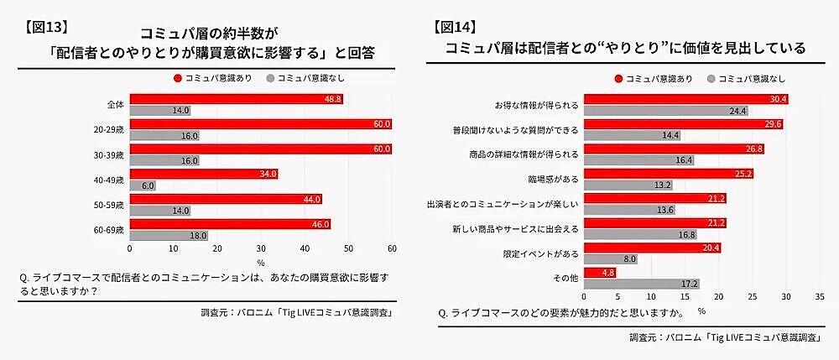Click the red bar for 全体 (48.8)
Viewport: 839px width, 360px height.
(x=236, y=99)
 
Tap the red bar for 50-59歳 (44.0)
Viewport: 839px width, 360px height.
(x=226, y=199)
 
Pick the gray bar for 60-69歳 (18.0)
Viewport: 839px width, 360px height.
(x=169, y=236)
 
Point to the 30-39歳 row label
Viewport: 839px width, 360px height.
(x=109, y=155)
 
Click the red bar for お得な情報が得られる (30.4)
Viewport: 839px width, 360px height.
(x=685, y=99)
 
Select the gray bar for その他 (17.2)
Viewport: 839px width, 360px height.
(x=641, y=284)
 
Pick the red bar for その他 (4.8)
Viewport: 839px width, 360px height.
(x=599, y=273)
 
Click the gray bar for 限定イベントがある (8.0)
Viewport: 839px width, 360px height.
(x=610, y=260)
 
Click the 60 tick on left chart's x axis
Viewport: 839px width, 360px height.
(x=391, y=249)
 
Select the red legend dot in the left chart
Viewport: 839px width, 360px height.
(x=177, y=77)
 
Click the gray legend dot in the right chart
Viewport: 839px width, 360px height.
(x=711, y=79)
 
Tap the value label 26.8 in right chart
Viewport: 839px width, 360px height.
(x=753, y=149)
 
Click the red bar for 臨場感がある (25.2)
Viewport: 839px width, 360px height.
(x=668, y=174)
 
